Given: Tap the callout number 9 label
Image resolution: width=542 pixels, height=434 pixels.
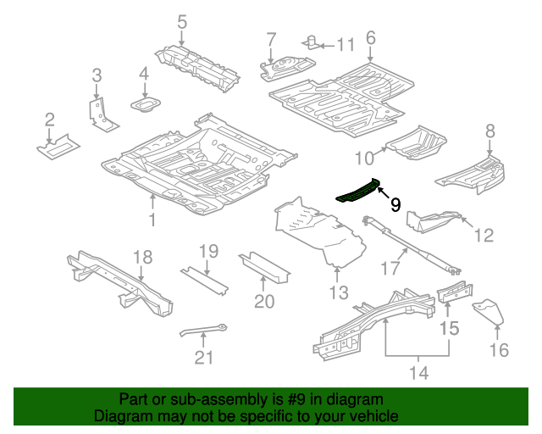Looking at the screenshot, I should (x=395, y=204).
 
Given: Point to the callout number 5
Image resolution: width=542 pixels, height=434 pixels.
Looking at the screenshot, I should (x=182, y=21).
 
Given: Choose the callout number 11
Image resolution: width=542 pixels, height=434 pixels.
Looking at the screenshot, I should (x=346, y=44).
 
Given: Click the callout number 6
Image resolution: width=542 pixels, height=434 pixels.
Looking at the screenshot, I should (x=370, y=37).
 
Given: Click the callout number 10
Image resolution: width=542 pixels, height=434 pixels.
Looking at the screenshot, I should (x=363, y=158).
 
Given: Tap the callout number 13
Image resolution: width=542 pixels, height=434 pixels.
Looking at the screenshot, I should (x=339, y=292).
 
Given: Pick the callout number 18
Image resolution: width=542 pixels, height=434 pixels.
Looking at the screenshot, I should (x=142, y=256).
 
